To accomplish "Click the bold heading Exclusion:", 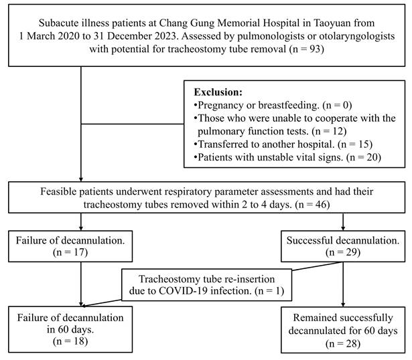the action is [218, 92].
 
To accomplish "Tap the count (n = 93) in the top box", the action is [306, 49].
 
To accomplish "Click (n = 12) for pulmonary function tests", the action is [329, 131].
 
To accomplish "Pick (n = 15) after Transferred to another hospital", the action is [355, 144].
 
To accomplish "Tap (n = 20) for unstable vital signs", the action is [363, 157].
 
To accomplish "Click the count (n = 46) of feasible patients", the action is [312, 204].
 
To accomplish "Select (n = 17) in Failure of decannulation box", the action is [70, 252].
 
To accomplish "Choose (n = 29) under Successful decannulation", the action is [342, 252].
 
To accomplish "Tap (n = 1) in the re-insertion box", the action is [269, 290].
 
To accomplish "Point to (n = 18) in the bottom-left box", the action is [70, 341].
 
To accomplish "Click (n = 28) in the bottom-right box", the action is [342, 344].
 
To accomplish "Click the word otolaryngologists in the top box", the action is [357, 36].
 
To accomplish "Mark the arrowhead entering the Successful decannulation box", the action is [343, 228].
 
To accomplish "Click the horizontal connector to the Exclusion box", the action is [133, 124].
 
